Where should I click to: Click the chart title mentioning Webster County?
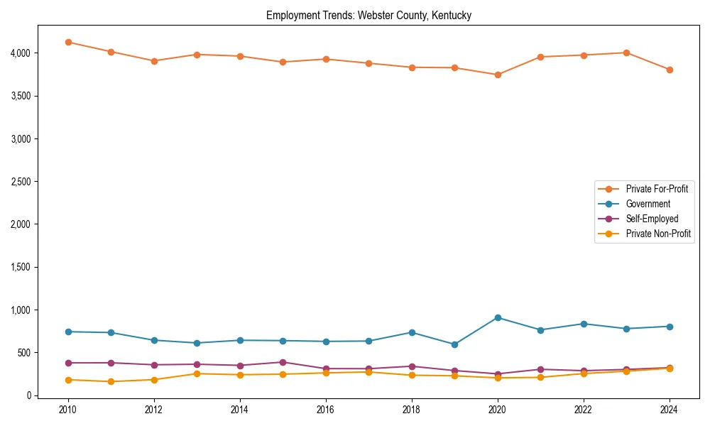(368, 15)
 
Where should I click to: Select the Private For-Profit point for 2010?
(68, 42)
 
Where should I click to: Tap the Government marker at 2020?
(498, 317)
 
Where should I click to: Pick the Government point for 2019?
(454, 344)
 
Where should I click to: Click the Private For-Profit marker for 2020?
(498, 75)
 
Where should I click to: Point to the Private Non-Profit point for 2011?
(111, 381)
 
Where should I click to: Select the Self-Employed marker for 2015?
(283, 362)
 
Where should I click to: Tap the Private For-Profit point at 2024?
(670, 70)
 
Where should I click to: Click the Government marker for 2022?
(584, 324)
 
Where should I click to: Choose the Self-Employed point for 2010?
(68, 363)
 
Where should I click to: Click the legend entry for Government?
(648, 204)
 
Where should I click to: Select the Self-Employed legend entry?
(652, 219)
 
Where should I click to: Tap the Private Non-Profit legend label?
(658, 234)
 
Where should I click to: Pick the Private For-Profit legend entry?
(656, 189)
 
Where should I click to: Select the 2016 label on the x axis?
(326, 410)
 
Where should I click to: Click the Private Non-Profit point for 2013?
(197, 373)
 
